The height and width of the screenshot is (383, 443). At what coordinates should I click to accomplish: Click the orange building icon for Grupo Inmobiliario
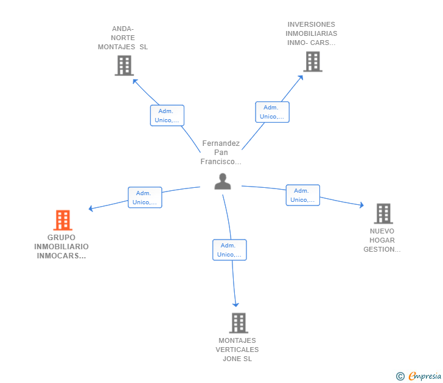tap(63, 220)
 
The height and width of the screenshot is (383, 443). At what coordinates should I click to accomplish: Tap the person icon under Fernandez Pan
tap(223, 182)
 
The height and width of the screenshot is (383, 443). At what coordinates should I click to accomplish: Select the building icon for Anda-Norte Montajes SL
tap(124, 66)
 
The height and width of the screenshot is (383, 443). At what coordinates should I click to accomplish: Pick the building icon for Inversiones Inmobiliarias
tap(313, 61)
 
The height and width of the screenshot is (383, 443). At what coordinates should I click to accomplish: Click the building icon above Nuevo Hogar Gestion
tap(383, 213)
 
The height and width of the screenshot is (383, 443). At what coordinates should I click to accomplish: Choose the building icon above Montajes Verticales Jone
tap(239, 323)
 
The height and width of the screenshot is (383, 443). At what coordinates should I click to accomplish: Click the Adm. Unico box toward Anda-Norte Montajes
tap(167, 116)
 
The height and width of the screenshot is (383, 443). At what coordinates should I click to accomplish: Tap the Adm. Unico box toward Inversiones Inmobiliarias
tap(273, 112)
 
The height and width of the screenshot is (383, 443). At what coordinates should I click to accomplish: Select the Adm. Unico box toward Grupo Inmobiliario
tap(145, 198)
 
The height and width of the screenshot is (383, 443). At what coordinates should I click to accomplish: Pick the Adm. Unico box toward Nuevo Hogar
tap(303, 195)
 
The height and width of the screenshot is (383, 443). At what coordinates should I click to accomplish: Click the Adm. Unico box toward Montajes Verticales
tap(229, 250)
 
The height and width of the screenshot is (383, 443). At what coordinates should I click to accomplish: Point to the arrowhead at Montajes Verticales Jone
tap(235, 305)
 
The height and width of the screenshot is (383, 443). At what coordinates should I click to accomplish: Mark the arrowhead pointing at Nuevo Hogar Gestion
tap(361, 205)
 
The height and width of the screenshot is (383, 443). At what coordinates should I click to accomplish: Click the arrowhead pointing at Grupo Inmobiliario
tap(91, 209)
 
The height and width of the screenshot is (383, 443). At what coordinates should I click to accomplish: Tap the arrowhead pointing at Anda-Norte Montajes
tap(135, 81)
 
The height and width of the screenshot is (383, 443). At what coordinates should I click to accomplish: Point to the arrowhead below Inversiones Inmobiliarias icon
tap(301, 78)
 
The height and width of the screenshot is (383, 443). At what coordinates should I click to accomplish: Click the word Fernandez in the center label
tap(221, 143)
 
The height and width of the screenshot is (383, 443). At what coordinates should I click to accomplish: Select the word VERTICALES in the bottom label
tap(237, 350)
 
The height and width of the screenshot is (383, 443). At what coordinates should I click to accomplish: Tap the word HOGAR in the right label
tap(382, 240)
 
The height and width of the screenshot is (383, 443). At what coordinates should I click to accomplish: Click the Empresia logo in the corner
tap(419, 376)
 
